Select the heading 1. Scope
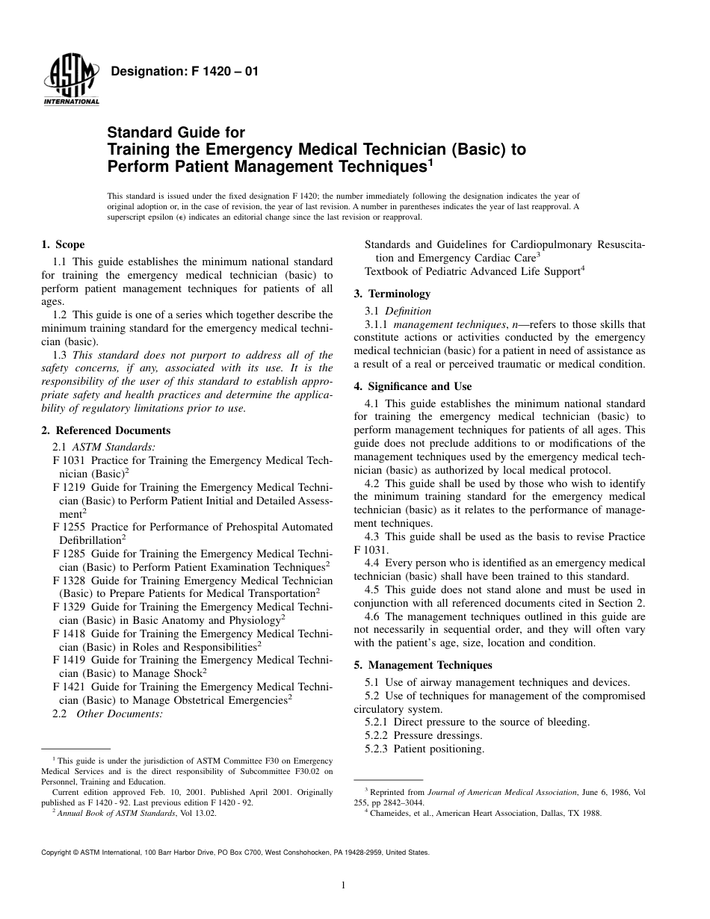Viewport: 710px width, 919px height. point(63,244)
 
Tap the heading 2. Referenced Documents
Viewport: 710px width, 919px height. point(105,430)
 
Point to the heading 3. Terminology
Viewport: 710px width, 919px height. point(392,294)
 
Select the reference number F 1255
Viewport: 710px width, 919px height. point(69,527)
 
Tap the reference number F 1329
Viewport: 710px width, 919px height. point(69,607)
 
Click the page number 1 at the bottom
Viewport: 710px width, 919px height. point(342,885)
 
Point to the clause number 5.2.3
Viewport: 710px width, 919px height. point(377,749)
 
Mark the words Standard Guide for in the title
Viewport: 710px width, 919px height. point(176,133)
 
